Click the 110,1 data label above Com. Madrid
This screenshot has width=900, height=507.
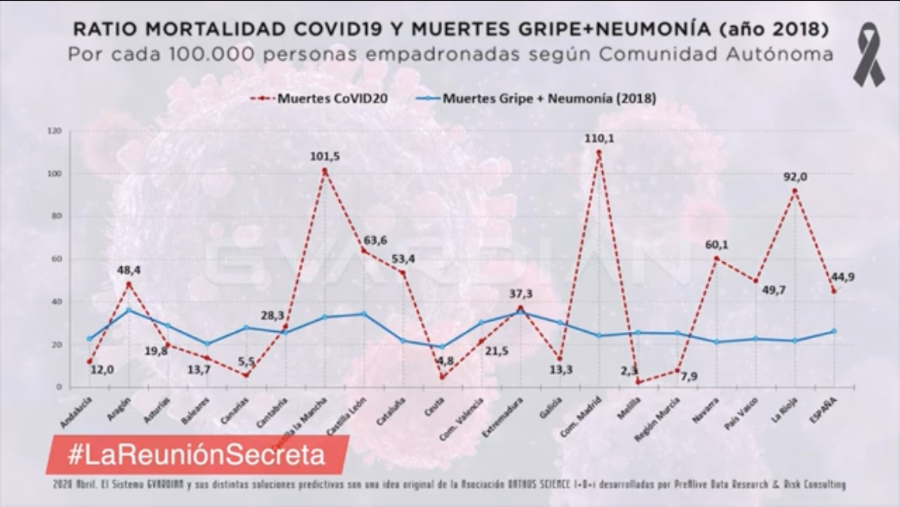point(599,138)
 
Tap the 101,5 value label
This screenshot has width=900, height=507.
point(325,156)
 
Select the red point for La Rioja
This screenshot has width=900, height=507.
point(794,190)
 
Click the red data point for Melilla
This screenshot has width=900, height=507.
point(638,382)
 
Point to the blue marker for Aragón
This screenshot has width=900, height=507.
point(129,310)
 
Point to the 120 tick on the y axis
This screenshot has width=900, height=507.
point(54,131)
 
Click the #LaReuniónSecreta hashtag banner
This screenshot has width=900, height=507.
point(196,455)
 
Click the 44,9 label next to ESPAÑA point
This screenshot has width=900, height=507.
point(841,276)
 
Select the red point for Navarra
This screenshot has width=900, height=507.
point(716,258)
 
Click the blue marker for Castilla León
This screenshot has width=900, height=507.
point(364,314)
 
